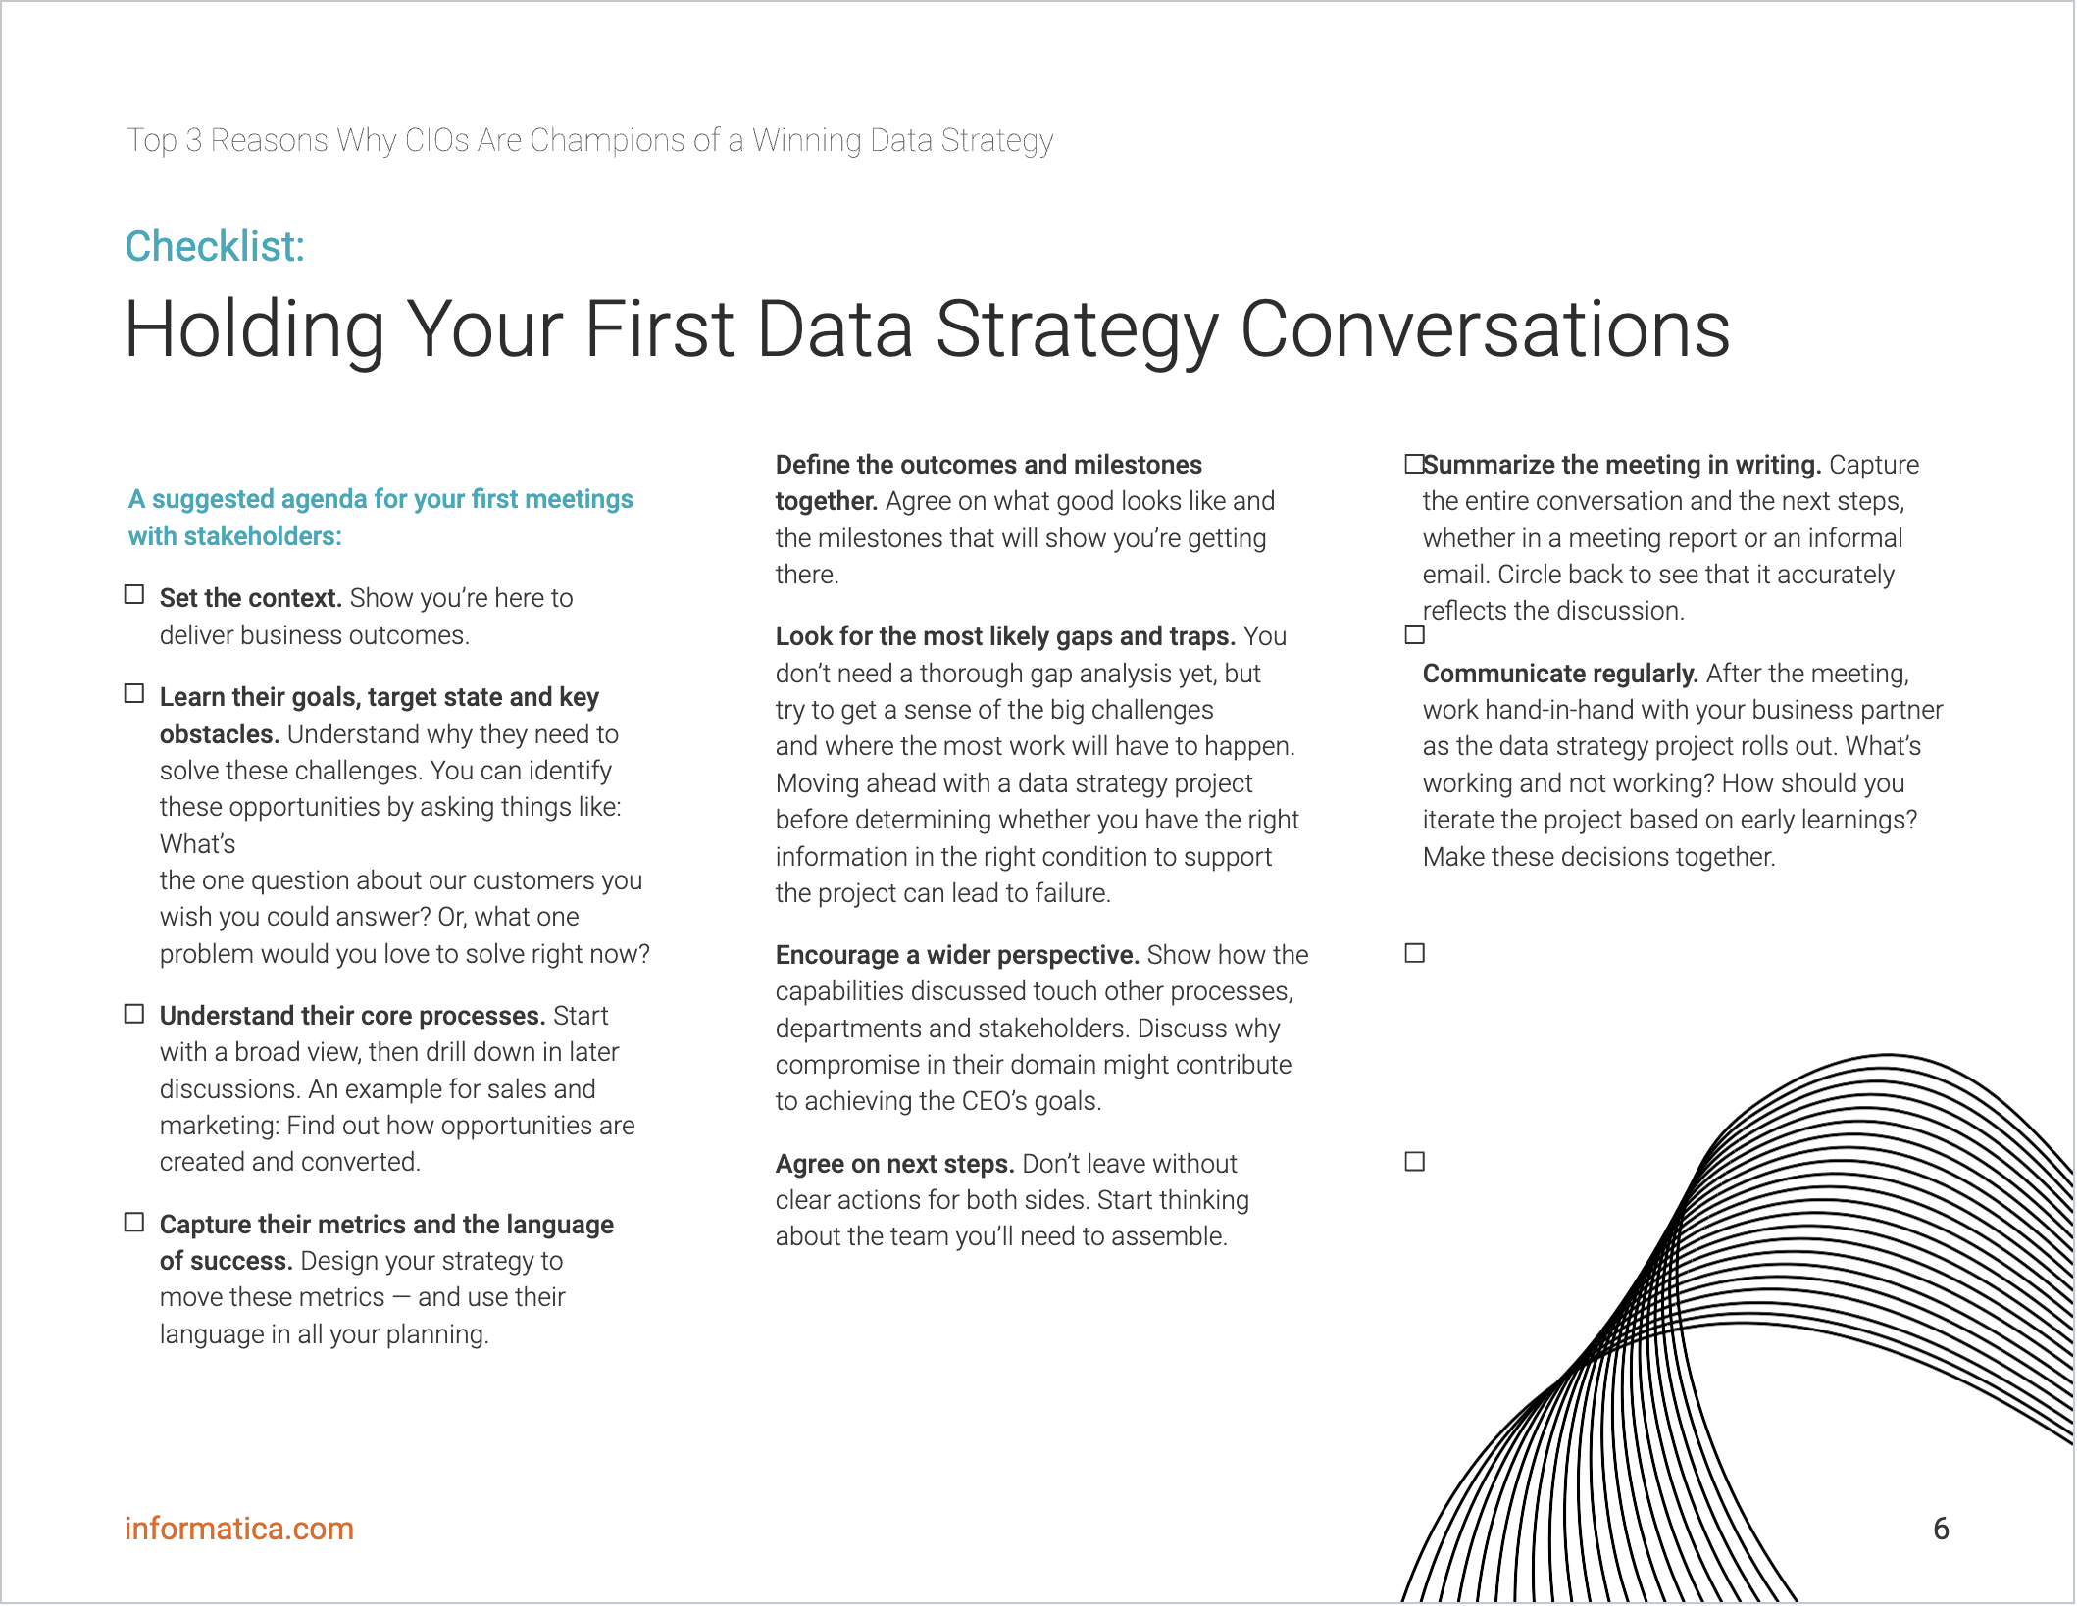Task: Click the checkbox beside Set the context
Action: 134,595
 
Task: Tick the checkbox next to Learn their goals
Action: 134,694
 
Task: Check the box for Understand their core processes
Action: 134,1014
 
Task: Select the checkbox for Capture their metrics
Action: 134,1223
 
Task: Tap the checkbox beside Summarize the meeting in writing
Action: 1414,464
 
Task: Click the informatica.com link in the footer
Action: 238,1529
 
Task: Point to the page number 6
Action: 1941,1529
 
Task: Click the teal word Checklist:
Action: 215,246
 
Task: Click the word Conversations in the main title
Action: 1485,329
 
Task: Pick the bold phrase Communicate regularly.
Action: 1560,674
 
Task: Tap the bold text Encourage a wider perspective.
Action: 957,955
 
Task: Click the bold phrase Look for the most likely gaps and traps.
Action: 1005,636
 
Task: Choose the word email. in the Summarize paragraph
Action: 1455,575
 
